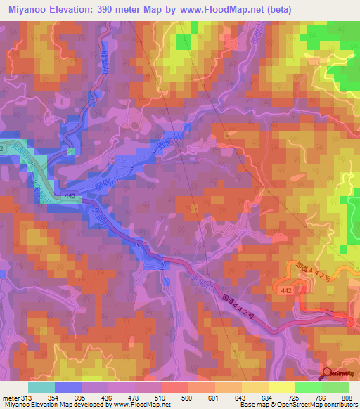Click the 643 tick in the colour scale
point(242,398)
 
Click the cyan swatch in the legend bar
point(41,387)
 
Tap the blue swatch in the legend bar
point(68,387)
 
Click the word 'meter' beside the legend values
point(10,398)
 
